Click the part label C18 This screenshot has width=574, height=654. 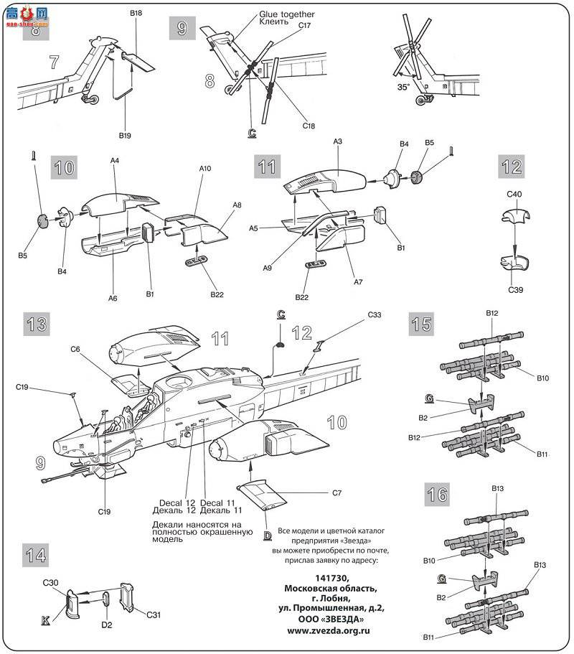coord(309,126)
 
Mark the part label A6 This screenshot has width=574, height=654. coord(113,297)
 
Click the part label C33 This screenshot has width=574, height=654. coord(375,314)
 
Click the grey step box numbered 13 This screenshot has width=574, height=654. coord(36,323)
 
